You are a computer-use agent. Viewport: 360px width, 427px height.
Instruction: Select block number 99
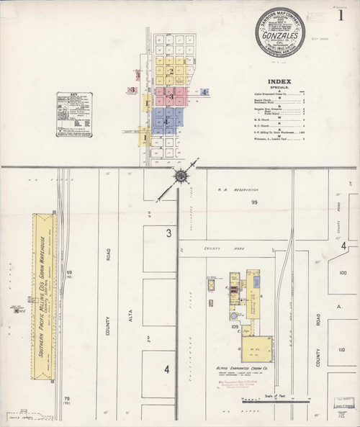tap(254, 204)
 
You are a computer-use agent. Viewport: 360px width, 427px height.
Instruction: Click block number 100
tap(342, 273)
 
